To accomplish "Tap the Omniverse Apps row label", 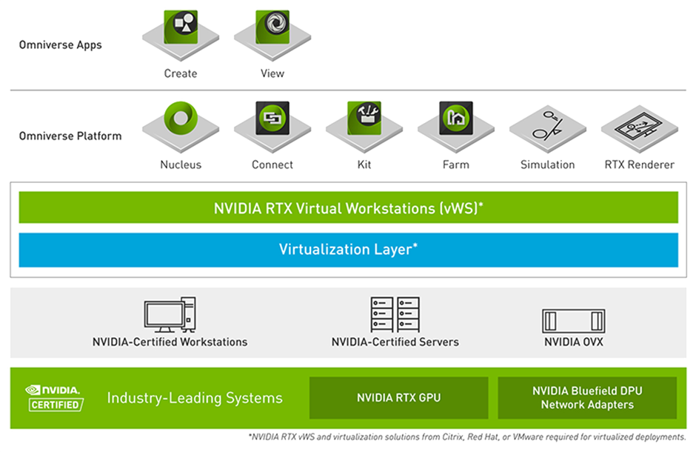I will coord(61,45).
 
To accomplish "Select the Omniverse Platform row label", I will coord(70,136).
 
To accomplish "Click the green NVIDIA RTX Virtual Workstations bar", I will coord(348,207).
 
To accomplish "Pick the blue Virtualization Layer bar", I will coord(348,250).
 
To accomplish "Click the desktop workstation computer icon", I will coord(170,315).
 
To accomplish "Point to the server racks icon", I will coord(395,315).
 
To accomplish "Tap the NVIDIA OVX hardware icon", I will coord(573,321).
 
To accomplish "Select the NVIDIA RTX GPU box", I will coord(398,398).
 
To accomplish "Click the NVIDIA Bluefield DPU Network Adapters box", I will coord(587,398).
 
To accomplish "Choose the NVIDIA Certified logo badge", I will coord(55,397).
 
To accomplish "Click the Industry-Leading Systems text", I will coord(195,398).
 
